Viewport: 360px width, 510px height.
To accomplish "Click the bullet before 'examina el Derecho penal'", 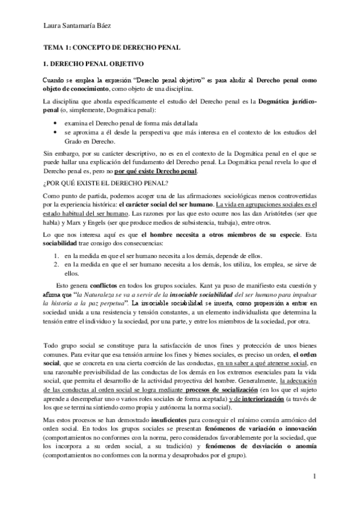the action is tap(55, 121).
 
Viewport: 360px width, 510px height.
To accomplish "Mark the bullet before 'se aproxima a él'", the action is tap(55, 131).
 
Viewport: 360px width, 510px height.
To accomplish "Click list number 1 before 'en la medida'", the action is tap(56, 254).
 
